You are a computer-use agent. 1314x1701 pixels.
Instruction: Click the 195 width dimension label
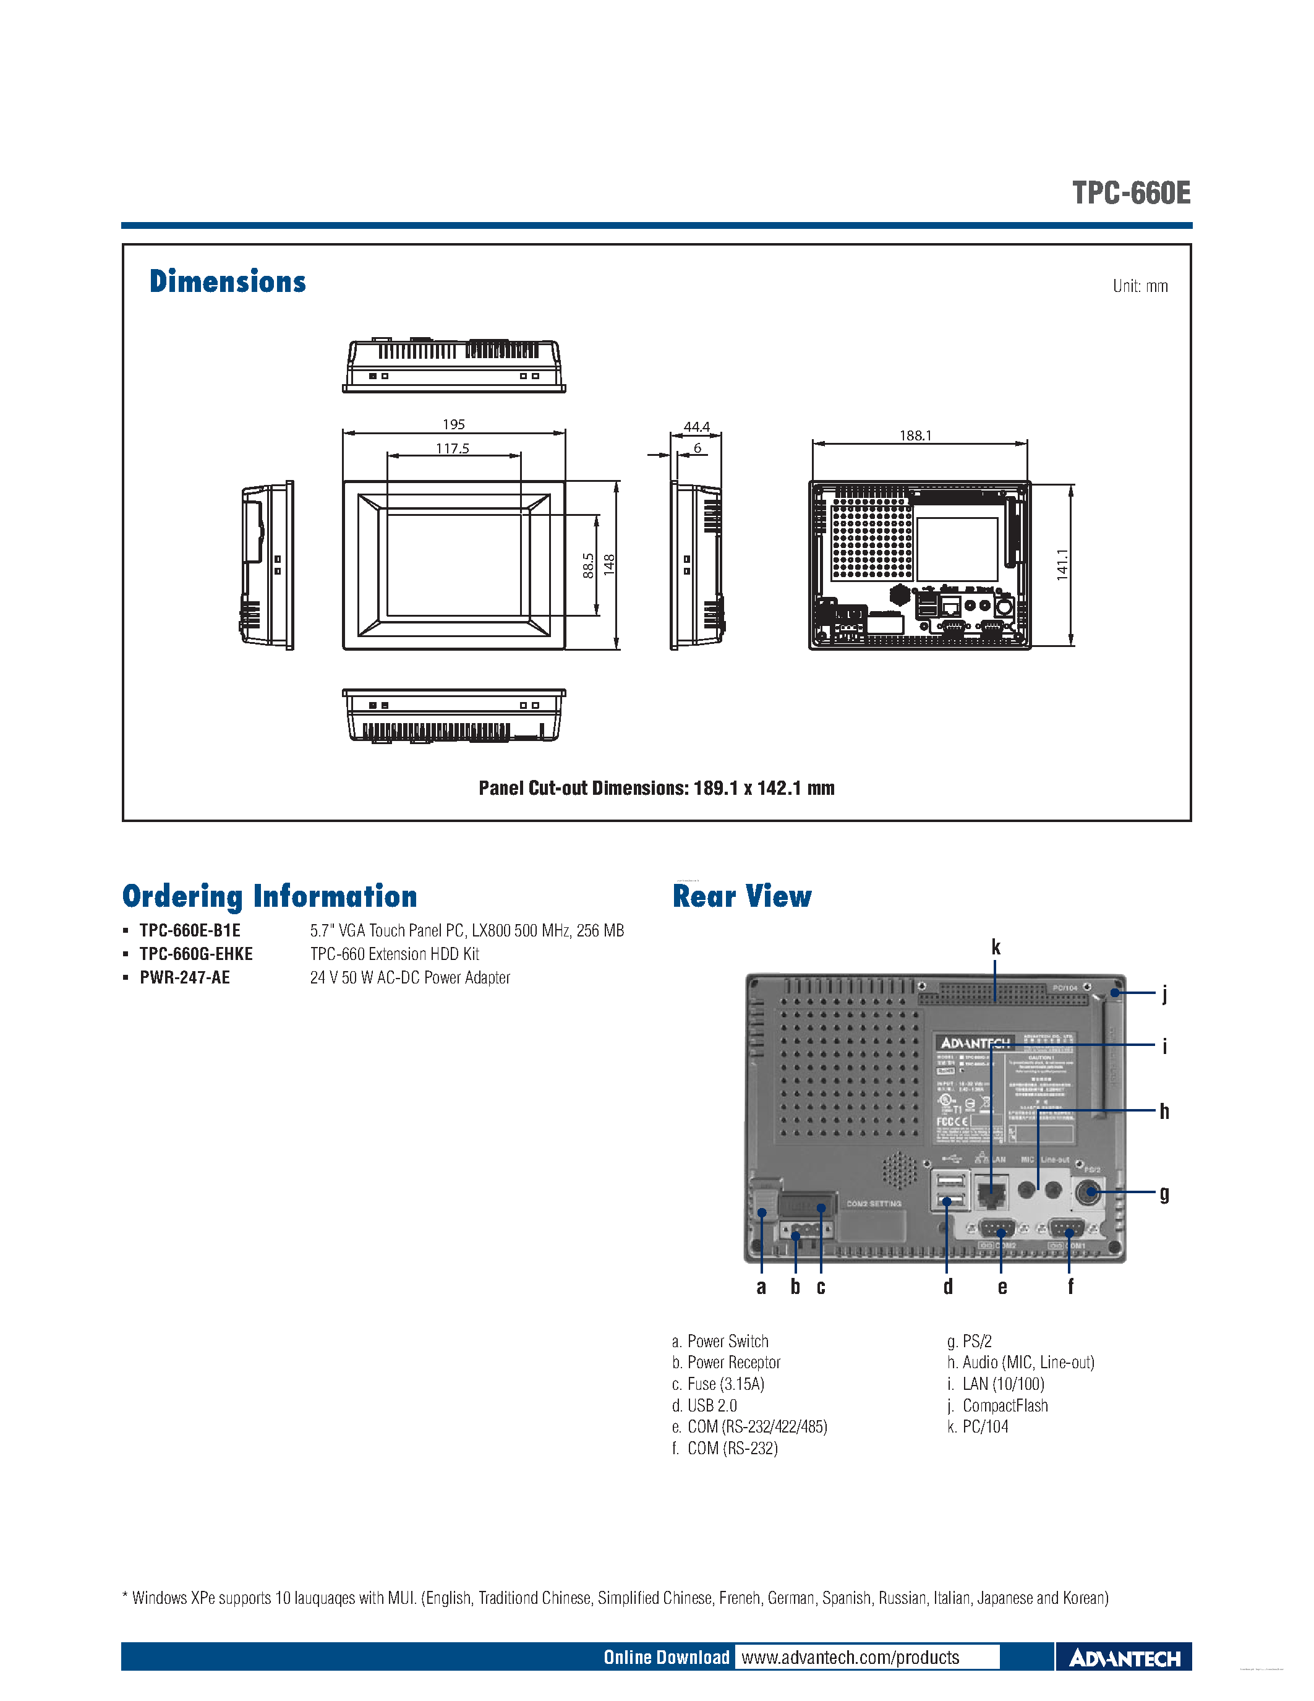click(x=453, y=424)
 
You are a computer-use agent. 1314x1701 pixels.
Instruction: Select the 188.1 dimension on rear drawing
click(x=915, y=435)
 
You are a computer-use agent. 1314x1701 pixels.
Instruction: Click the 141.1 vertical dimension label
click(x=1062, y=565)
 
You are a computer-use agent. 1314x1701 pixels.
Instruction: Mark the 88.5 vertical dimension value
click(x=589, y=565)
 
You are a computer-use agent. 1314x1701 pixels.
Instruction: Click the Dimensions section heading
click(x=228, y=281)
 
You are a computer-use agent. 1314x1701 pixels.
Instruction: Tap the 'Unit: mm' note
click(x=1140, y=286)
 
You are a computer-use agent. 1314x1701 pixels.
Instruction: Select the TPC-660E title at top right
click(x=1131, y=193)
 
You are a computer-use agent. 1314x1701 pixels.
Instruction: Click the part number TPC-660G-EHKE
click(x=196, y=954)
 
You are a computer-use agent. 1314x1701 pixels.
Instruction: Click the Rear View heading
click(x=742, y=896)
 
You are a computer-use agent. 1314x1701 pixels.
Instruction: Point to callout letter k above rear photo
click(x=996, y=947)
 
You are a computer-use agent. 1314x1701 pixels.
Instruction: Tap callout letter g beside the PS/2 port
click(x=1164, y=1194)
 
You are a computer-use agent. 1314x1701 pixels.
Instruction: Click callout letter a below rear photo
click(x=761, y=1287)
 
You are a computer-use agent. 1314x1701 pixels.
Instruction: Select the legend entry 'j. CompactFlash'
click(x=998, y=1406)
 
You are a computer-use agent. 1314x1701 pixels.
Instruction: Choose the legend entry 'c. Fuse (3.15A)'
click(x=719, y=1384)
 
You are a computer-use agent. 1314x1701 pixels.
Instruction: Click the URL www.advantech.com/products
click(x=850, y=1656)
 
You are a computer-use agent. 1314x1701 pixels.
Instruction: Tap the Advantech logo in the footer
click(x=1124, y=1658)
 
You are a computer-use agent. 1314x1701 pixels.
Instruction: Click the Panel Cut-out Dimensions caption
click(x=656, y=788)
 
